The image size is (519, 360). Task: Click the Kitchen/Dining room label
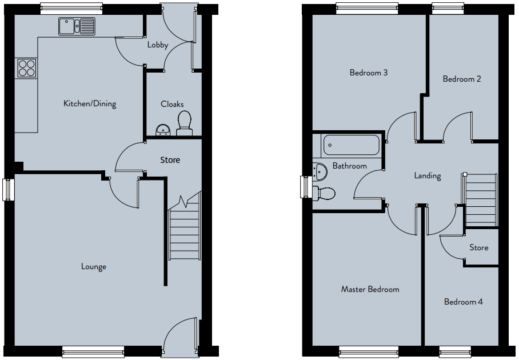90,104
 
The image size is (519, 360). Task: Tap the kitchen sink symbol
77,26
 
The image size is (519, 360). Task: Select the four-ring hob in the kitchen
26,68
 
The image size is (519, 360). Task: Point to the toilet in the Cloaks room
185,123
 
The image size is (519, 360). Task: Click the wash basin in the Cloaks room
162,130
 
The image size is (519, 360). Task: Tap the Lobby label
158,45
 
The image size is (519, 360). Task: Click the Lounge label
94,267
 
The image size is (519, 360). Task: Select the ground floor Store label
170,160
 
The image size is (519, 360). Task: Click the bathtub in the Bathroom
351,145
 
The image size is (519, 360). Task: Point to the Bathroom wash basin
320,171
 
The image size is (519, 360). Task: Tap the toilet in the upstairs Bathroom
324,193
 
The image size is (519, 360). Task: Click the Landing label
428,175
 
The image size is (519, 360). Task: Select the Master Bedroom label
370,290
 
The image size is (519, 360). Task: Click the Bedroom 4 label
464,302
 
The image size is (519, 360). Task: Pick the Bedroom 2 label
462,79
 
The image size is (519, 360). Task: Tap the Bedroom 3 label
369,73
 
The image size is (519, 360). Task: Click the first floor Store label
478,248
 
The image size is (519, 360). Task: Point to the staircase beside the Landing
480,200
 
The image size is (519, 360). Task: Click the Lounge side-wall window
8,190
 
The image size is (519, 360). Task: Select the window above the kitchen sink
71,9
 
